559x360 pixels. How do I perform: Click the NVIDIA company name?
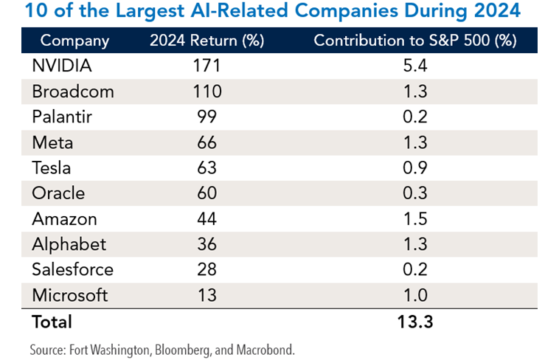62,66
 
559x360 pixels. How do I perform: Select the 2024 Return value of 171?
207,66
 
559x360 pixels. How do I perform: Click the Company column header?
74,41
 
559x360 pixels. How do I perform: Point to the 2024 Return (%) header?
207,41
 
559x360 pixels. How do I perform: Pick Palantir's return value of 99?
207,117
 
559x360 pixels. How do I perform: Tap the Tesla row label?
52,168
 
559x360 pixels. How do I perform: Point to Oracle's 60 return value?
207,193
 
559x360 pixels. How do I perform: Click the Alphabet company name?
69,244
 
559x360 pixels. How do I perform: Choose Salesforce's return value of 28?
207,270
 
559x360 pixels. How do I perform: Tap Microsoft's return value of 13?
207,295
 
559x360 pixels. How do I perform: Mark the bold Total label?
52,322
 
